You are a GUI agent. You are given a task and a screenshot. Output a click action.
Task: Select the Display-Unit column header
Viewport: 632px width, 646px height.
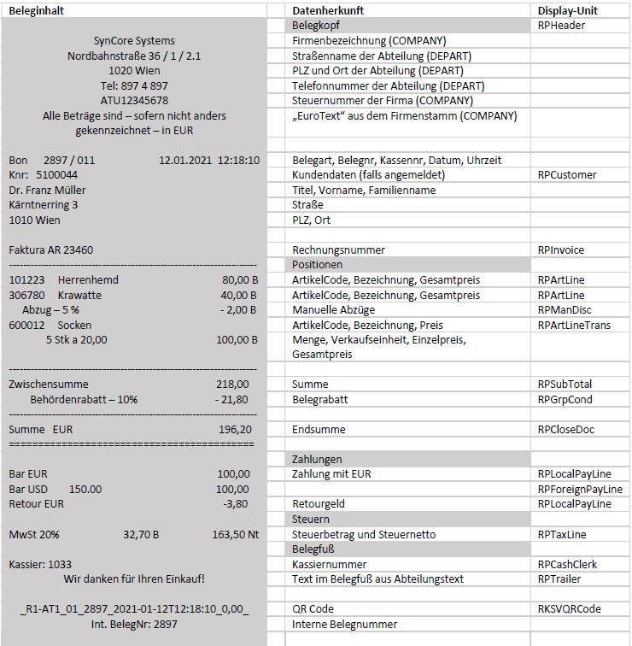click(567, 10)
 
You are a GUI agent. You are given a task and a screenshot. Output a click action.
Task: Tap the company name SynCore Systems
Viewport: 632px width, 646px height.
click(134, 41)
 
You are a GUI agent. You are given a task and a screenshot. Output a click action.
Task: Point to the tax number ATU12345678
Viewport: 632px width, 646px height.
click(134, 101)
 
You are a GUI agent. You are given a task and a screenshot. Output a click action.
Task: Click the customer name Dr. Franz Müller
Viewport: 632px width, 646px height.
click(47, 190)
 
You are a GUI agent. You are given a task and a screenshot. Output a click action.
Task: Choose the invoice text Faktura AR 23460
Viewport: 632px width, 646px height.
click(51, 250)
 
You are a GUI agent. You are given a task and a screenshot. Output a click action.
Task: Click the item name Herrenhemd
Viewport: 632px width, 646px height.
click(88, 279)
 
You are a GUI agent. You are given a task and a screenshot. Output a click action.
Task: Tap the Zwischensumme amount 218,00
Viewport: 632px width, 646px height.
click(232, 385)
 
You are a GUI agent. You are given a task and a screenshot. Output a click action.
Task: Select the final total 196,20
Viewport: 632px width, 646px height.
click(235, 429)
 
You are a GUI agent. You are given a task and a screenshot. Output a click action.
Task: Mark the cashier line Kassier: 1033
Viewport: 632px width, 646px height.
click(40, 564)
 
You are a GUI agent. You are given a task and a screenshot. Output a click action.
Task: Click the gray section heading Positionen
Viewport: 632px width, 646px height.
click(317, 265)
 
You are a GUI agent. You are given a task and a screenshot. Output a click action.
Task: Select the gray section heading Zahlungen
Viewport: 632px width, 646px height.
click(317, 460)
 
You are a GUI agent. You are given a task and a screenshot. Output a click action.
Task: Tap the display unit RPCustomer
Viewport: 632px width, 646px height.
click(566, 175)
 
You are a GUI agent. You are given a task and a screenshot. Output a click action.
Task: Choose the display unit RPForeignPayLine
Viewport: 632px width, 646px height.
click(580, 490)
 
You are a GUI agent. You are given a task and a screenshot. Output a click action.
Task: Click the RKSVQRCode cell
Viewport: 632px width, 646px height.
click(570, 609)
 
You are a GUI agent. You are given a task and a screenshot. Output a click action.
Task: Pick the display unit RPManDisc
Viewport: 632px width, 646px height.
click(565, 310)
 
